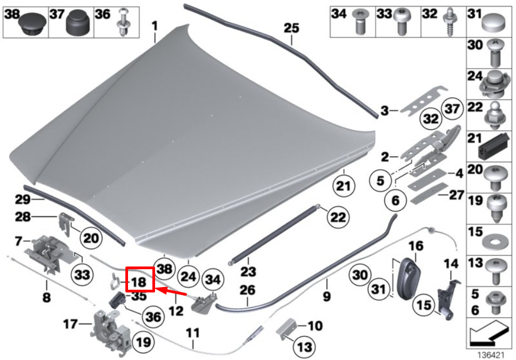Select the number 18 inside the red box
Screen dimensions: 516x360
point(138,282)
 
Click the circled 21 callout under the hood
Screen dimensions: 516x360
point(341,186)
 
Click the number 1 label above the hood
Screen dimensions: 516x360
point(155,25)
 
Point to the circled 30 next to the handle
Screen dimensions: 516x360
point(361,275)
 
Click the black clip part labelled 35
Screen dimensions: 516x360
point(118,299)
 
